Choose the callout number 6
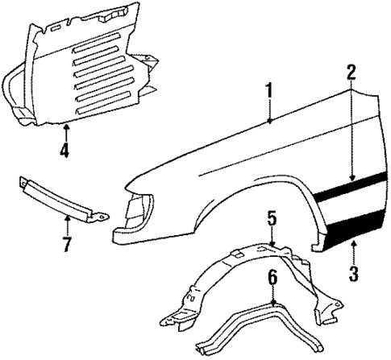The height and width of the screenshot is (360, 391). point(272,277)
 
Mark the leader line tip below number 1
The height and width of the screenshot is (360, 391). point(269,122)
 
